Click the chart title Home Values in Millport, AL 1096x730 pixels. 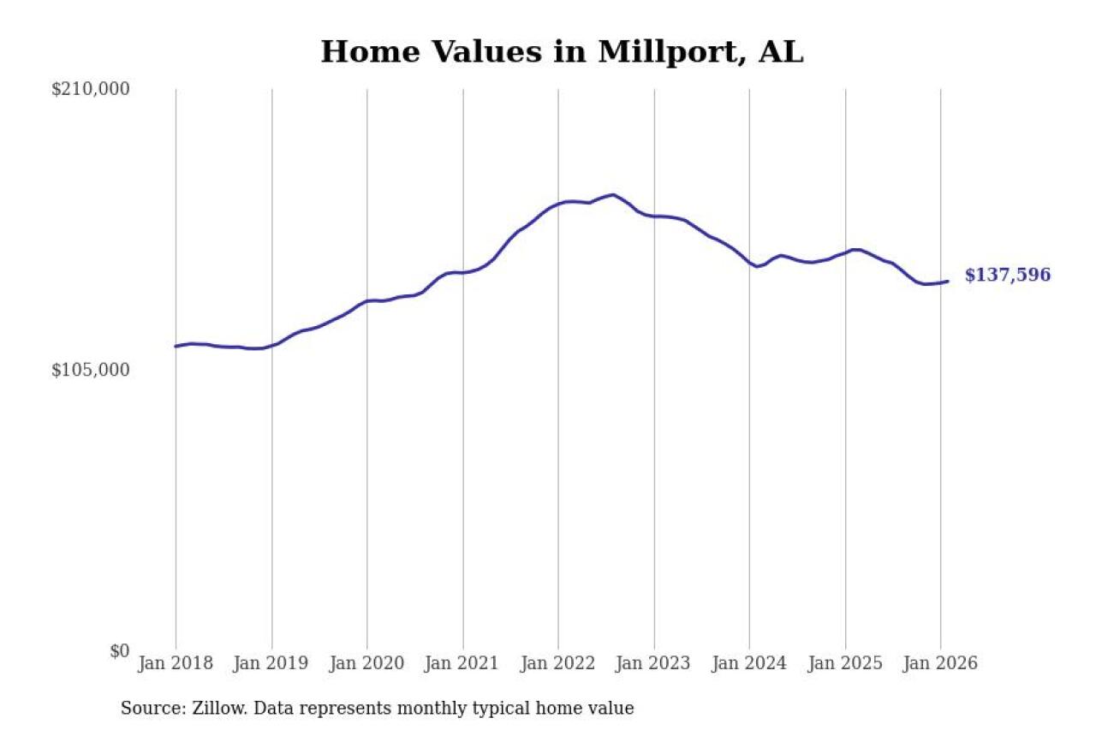[562, 52]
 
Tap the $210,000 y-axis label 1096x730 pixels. [90, 89]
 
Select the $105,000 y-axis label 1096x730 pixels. [90, 370]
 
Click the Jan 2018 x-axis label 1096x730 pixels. [176, 664]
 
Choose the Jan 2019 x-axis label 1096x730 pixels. [271, 664]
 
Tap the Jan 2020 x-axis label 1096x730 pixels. [367, 664]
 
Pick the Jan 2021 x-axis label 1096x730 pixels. [463, 664]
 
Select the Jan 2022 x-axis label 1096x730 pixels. [558, 664]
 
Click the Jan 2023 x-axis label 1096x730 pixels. [654, 664]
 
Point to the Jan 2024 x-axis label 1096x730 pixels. [749, 664]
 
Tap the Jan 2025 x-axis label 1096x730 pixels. [845, 664]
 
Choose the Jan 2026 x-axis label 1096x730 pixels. [940, 664]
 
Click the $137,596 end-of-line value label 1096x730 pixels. [1007, 276]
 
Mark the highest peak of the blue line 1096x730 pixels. [612, 195]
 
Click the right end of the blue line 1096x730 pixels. [947, 282]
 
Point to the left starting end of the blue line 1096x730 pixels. [176, 347]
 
